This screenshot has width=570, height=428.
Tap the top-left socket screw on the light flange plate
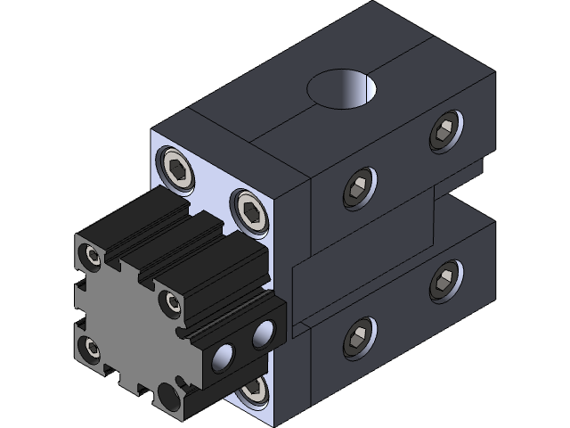pos(176,169)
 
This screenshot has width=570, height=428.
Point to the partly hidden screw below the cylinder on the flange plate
pos(252,388)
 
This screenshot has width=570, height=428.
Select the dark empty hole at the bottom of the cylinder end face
pos(167,393)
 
